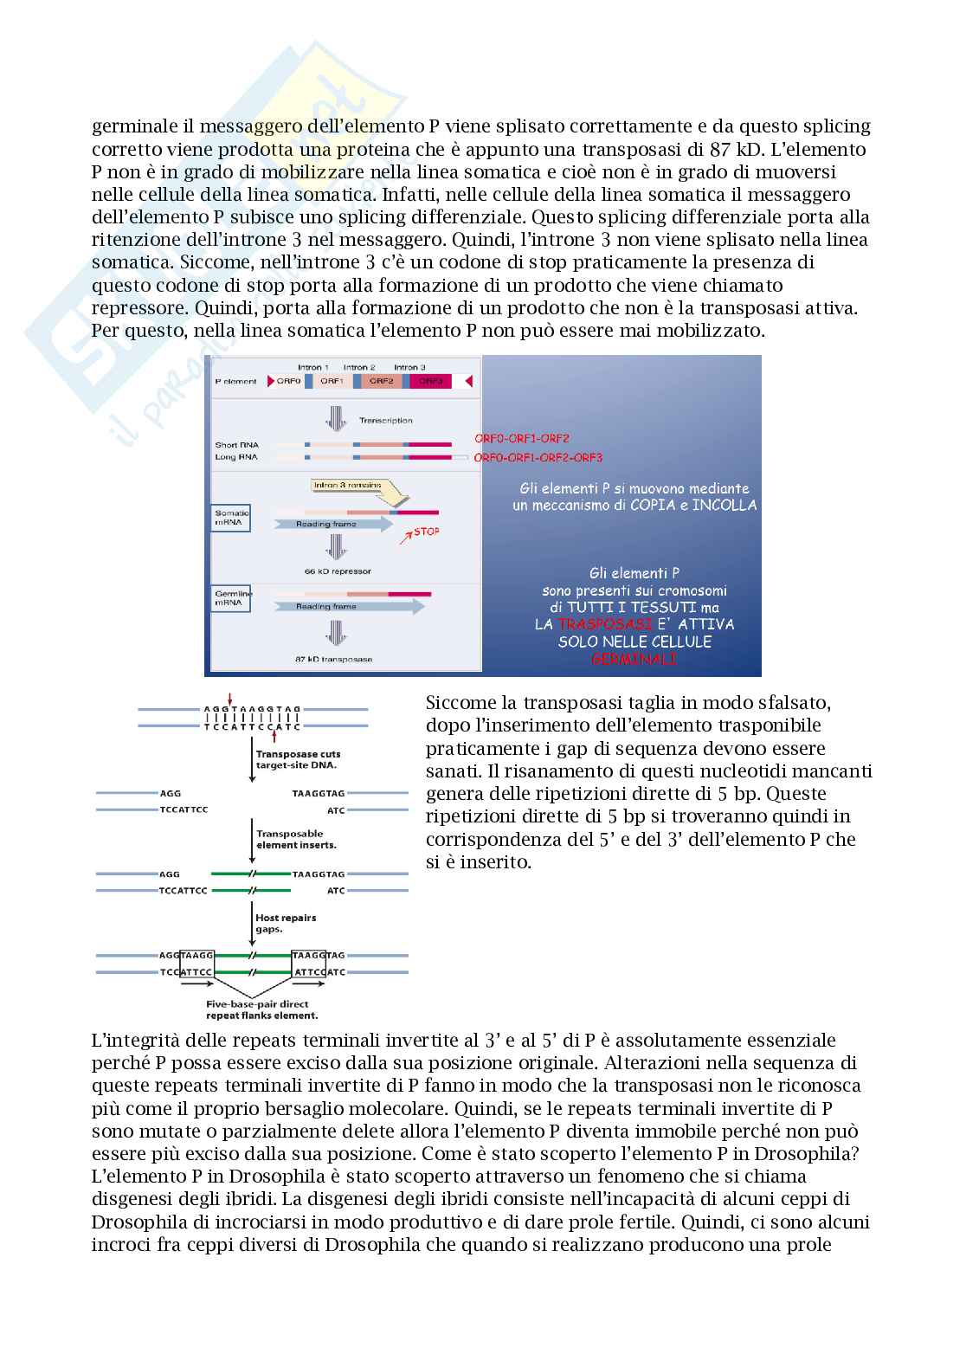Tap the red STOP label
tap(427, 532)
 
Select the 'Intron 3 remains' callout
tap(346, 486)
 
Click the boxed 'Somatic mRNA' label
tap(231, 518)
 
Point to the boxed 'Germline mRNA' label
tap(231, 597)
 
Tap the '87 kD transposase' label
tap(334, 659)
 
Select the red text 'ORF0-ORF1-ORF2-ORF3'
tap(538, 457)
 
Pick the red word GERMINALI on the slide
tap(634, 660)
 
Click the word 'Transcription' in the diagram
tap(386, 421)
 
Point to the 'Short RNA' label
tap(232, 445)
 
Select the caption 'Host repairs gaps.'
tap(286, 922)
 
